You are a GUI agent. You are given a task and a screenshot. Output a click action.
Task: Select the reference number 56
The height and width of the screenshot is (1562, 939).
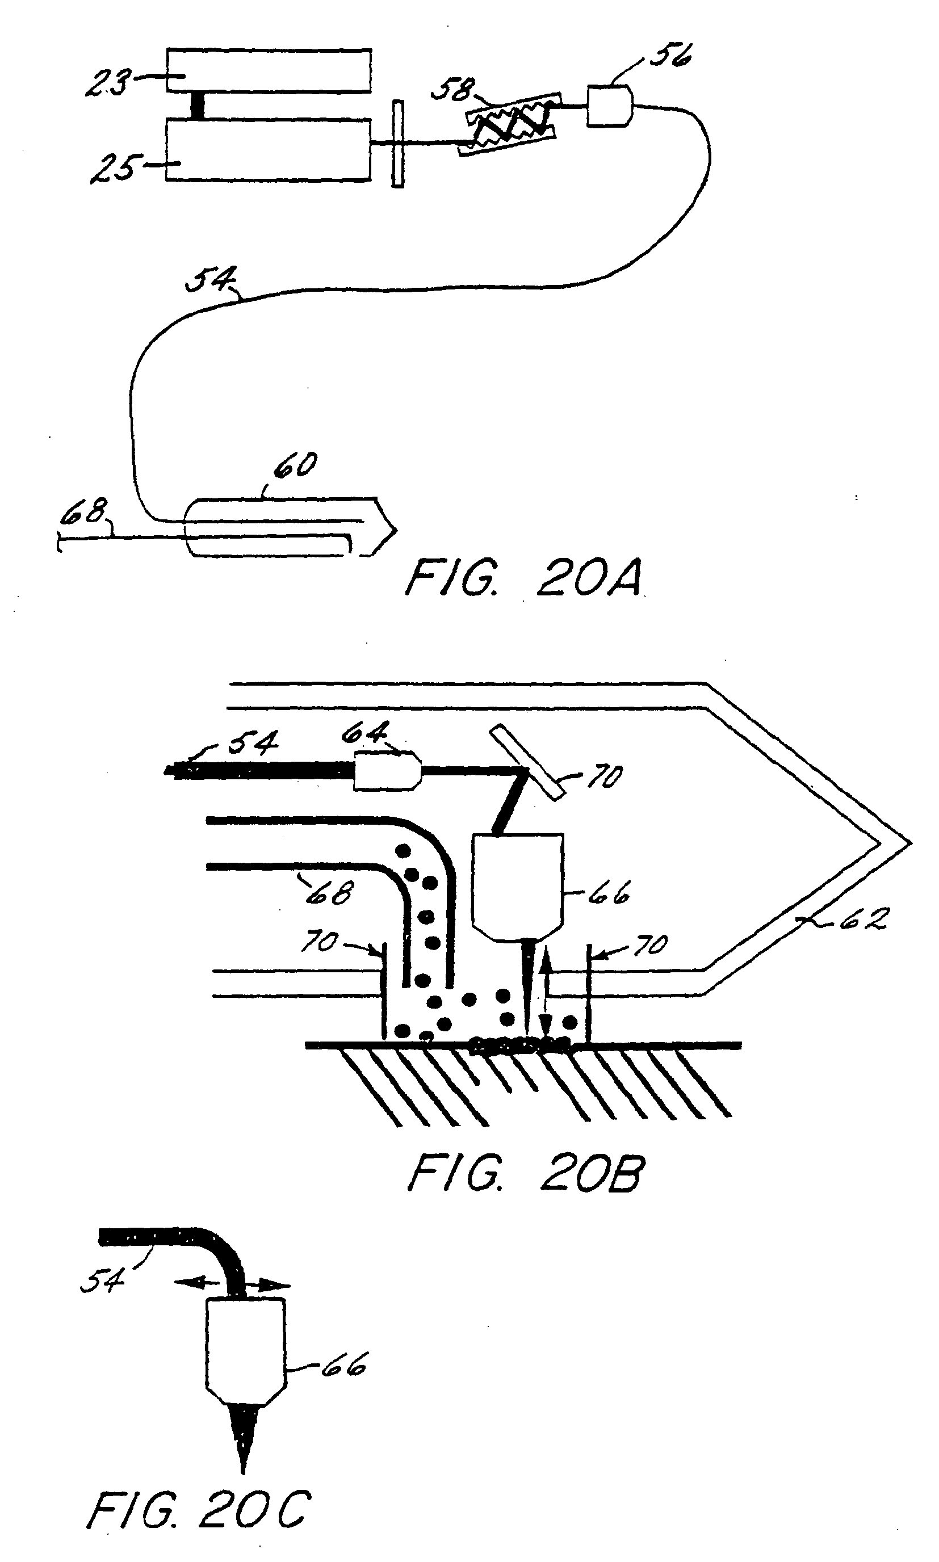point(670,55)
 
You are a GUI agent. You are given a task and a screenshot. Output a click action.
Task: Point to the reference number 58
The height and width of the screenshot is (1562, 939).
point(452,90)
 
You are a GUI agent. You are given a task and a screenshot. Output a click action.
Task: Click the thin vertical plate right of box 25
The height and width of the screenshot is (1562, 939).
point(397,144)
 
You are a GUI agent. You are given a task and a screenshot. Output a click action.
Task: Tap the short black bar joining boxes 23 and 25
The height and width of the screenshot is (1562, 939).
point(198,106)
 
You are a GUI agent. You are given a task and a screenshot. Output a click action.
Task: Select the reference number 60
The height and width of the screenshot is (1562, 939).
point(295,465)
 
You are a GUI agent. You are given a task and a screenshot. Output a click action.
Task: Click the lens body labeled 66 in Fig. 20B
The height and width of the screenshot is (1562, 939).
point(518,888)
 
